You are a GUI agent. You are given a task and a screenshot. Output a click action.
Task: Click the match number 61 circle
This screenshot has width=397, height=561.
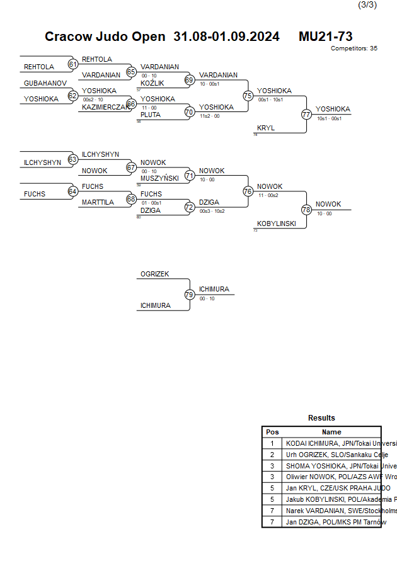coord(73,64)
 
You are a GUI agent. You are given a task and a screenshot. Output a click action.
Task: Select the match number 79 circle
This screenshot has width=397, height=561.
coord(189,294)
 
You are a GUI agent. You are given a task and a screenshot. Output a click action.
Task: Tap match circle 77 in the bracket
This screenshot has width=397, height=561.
coord(306,115)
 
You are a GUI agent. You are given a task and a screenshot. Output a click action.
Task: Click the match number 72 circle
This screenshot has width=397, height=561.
coord(189,207)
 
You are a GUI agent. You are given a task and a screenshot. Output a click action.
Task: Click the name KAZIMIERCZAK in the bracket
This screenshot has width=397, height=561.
coord(105,108)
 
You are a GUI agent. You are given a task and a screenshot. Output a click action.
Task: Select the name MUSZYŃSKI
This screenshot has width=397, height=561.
coord(159,178)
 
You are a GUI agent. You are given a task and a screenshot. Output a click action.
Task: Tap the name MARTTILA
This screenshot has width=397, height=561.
coord(98,203)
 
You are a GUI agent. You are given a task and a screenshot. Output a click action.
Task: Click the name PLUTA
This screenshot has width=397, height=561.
coord(151,115)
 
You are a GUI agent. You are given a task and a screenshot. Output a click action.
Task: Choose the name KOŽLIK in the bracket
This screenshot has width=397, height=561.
coord(152,83)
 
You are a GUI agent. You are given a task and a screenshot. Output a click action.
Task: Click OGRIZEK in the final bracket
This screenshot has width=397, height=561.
coord(155,274)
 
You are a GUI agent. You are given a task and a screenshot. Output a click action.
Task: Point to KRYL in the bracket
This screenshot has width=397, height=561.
coord(266,128)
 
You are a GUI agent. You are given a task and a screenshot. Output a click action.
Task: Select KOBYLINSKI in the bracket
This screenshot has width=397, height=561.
coord(277,224)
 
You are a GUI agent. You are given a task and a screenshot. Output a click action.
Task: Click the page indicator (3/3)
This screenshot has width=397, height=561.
coord(367,5)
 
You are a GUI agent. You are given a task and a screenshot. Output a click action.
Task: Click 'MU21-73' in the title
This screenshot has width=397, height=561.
coord(325,37)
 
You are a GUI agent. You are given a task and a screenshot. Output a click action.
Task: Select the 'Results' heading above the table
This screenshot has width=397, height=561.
coord(321,418)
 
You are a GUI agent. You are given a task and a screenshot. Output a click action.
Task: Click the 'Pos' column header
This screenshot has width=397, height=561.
coord(272,432)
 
